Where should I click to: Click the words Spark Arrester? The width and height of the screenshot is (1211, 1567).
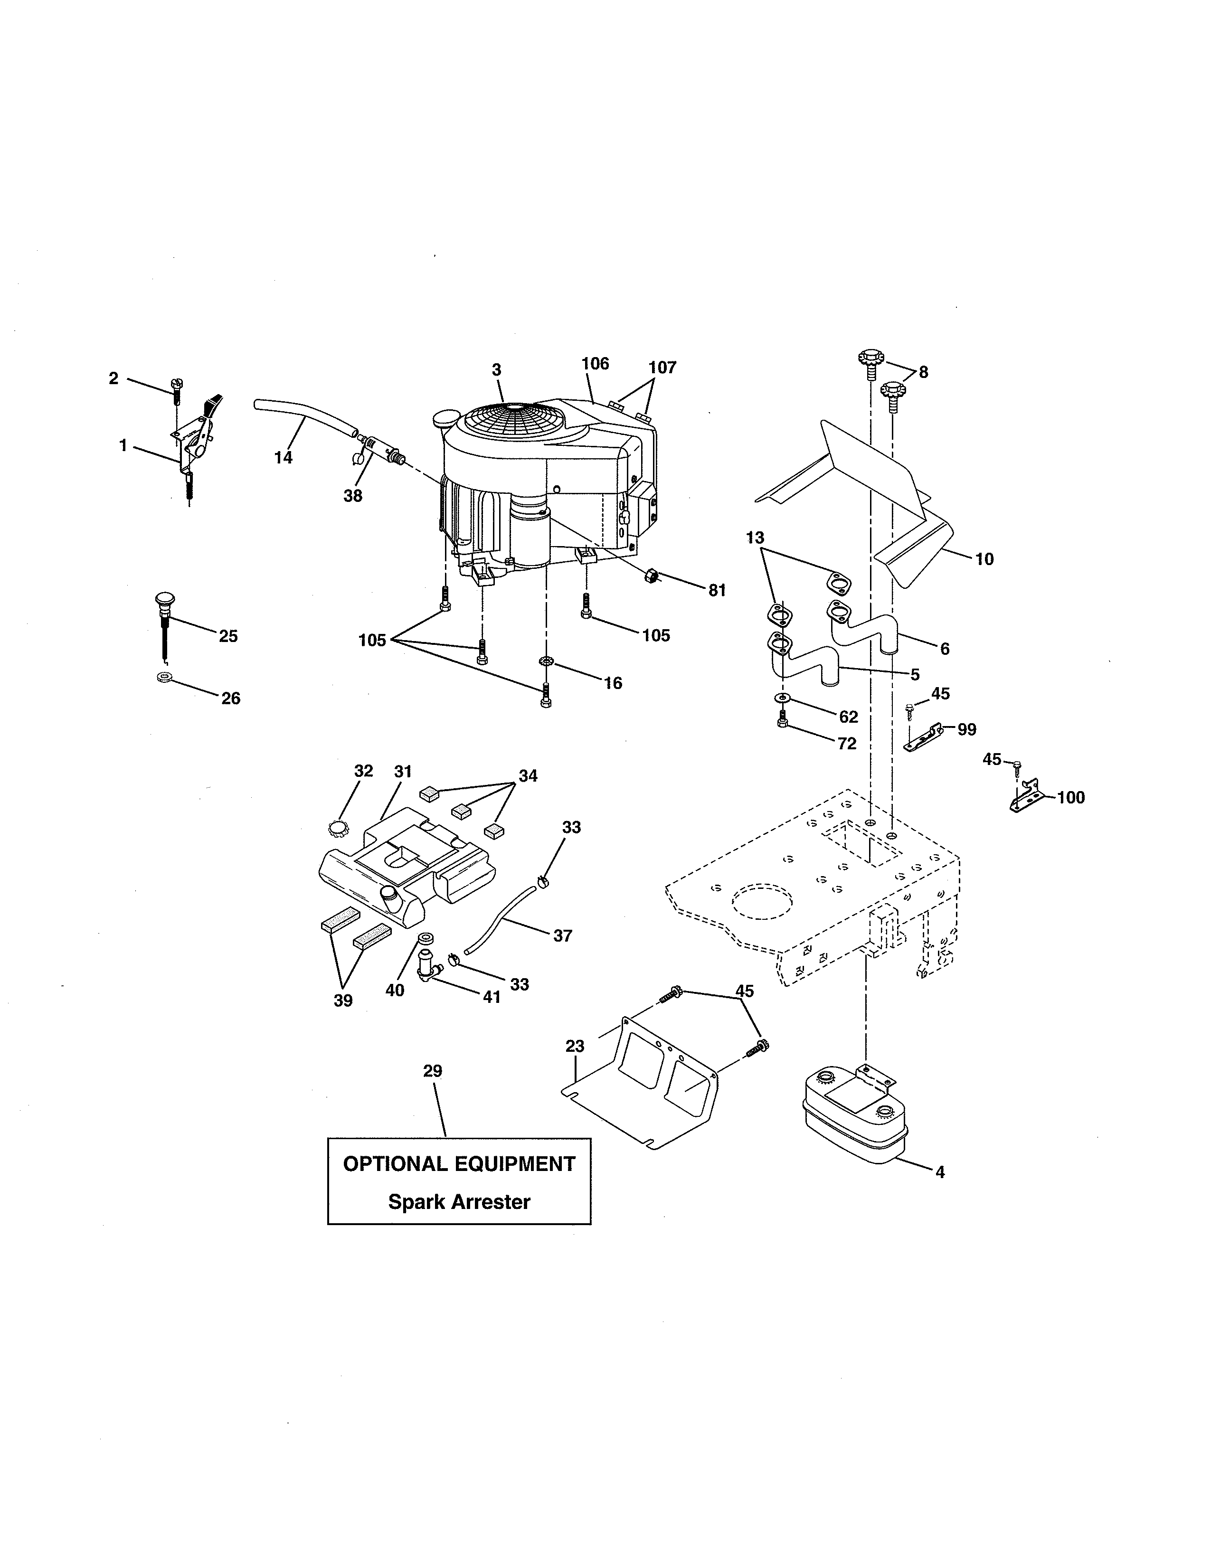[x=459, y=1202]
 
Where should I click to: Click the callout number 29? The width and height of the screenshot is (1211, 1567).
[x=433, y=1071]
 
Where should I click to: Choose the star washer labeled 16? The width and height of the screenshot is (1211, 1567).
[x=546, y=660]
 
